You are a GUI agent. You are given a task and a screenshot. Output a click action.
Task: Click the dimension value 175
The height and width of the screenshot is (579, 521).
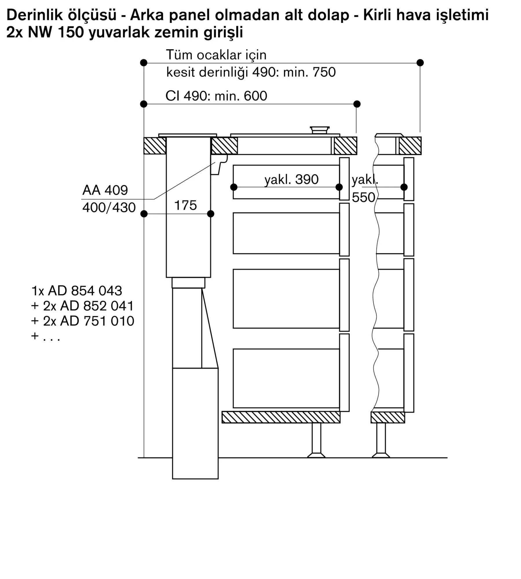[185, 205]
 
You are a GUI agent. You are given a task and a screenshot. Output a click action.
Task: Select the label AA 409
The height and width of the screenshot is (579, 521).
[105, 190]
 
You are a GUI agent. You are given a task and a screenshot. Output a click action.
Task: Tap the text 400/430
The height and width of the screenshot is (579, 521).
[109, 208]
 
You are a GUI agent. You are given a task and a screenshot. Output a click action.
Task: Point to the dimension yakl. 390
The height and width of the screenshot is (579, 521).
[291, 179]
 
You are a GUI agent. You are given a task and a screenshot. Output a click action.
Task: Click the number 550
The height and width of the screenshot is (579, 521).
[363, 197]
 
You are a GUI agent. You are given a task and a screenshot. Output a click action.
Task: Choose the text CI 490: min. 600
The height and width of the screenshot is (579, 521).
[216, 96]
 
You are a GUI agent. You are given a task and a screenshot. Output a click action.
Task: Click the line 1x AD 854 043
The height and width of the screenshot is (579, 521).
[77, 291]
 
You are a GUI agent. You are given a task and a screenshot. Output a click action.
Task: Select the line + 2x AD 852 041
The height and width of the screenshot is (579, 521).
[83, 306]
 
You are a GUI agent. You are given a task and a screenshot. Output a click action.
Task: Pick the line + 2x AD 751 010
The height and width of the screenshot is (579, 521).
[83, 321]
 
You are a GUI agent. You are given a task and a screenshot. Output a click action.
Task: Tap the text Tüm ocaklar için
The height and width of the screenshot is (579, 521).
[216, 55]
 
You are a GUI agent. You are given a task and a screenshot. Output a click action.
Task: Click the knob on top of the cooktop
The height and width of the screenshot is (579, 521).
[319, 130]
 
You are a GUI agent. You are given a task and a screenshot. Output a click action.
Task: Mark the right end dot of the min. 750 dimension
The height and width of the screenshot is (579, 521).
[420, 63]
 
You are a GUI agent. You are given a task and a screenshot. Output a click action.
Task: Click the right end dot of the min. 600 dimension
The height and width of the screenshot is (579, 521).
[357, 104]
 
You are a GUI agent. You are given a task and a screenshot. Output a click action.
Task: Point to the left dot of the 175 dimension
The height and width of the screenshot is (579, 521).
[144, 214]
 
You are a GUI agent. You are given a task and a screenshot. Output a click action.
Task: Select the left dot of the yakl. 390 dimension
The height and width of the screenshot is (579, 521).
[234, 187]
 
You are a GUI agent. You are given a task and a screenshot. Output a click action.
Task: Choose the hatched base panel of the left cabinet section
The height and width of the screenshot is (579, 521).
[281, 417]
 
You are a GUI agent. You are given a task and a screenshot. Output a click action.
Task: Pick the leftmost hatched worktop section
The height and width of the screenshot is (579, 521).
[155, 145]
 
